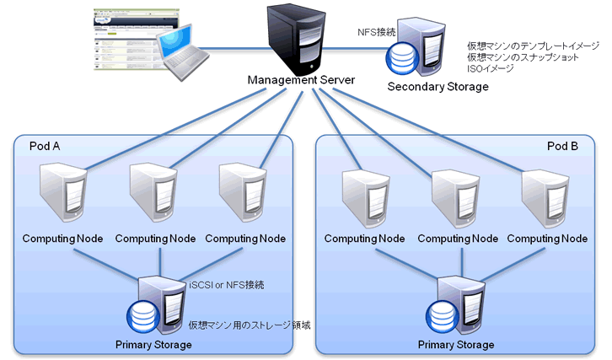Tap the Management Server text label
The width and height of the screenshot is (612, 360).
(x=301, y=80)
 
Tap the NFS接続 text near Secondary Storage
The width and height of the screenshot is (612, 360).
(x=377, y=32)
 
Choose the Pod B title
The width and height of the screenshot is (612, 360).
(x=562, y=147)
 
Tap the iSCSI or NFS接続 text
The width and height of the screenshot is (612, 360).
(x=227, y=285)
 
